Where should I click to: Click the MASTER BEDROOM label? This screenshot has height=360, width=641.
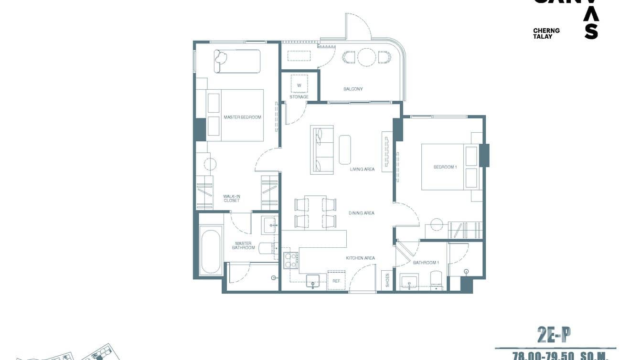pyautogui.click(x=242, y=117)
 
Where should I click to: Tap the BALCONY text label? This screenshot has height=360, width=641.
pyautogui.click(x=353, y=89)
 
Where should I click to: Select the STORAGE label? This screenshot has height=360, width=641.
pyautogui.click(x=299, y=97)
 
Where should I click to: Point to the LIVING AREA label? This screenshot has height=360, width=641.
pyautogui.click(x=362, y=169)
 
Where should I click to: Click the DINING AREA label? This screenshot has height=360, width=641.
pyautogui.click(x=362, y=213)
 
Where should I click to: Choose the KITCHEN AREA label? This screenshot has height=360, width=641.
pyautogui.click(x=360, y=258)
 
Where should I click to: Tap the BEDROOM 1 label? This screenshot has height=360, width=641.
pyautogui.click(x=445, y=167)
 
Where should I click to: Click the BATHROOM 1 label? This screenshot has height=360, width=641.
pyautogui.click(x=426, y=263)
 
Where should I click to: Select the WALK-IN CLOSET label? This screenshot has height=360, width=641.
pyautogui.click(x=232, y=198)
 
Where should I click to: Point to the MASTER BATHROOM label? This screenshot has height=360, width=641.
pyautogui.click(x=244, y=245)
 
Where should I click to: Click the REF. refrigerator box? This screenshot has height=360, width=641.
pyautogui.click(x=336, y=281)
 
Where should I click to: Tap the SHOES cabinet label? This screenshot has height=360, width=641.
pyautogui.click(x=387, y=280)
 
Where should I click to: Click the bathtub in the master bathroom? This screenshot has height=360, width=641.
pyautogui.click(x=211, y=252)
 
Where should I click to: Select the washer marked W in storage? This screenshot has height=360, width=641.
pyautogui.click(x=299, y=85)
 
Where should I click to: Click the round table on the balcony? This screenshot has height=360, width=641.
pyautogui.click(x=367, y=57)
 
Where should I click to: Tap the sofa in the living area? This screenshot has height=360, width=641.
pyautogui.click(x=321, y=149)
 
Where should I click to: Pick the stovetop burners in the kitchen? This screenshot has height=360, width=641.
pyautogui.click(x=291, y=261)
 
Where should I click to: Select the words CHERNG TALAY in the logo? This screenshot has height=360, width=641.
pyautogui.click(x=546, y=33)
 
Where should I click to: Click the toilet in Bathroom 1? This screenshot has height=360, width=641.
pyautogui.click(x=436, y=280)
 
